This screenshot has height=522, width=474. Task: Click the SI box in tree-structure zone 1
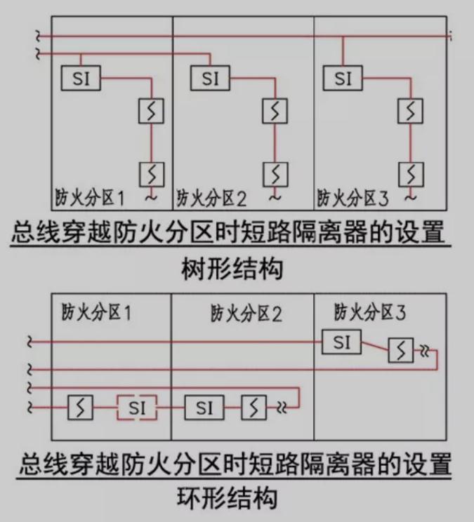coord(81,78)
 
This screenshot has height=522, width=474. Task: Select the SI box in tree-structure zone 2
coord(210,78)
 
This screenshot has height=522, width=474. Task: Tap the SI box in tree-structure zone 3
coord(343,78)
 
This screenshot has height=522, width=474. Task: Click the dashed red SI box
coord(136,408)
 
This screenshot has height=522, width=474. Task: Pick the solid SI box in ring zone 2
coord(204,408)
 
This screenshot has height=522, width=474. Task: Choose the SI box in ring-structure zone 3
coord(341,342)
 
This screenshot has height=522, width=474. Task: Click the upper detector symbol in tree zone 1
coord(151,111)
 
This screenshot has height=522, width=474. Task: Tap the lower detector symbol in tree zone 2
coord(275,175)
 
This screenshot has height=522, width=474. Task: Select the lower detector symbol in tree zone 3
coord(411,175)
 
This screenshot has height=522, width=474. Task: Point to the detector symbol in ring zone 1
coord(80,407)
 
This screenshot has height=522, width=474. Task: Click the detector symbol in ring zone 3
coord(401,350)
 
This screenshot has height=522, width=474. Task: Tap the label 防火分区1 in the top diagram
coord(89,198)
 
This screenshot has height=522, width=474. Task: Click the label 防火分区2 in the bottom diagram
coord(246,313)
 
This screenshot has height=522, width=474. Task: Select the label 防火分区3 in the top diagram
coord(353,198)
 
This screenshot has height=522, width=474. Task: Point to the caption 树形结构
coord(232,269)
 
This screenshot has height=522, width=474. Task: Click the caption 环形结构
coord(228,498)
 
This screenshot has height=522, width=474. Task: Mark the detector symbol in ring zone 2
coord(254,407)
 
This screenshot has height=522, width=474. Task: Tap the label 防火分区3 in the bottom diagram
coord(370,312)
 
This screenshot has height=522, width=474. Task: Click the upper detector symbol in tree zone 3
coord(410,111)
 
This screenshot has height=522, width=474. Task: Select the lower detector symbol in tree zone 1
coord(152,175)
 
